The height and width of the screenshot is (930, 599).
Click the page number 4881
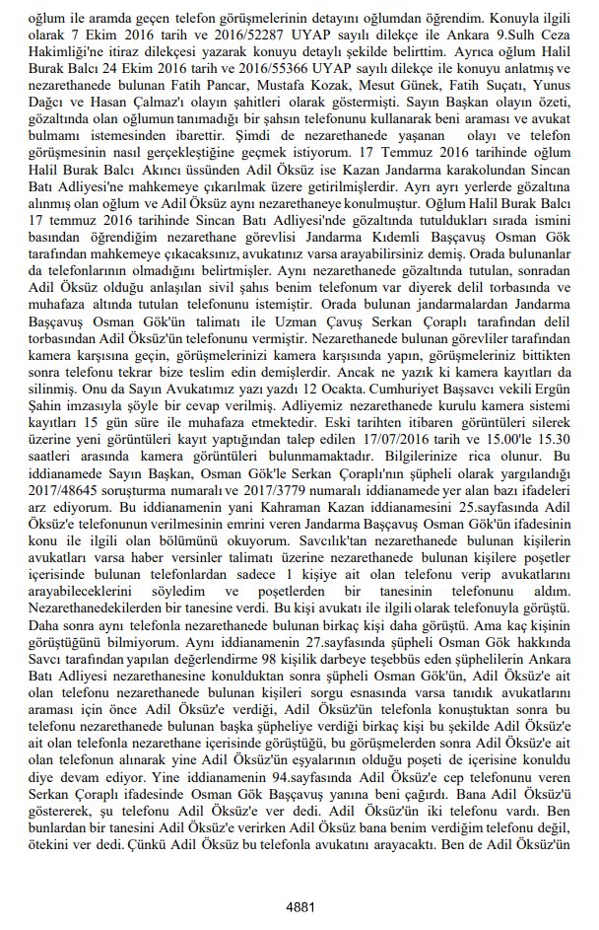(299, 905)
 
